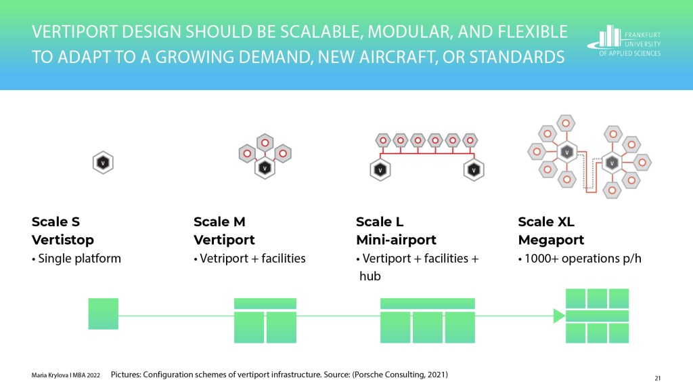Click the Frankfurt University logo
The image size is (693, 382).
coord(623,40)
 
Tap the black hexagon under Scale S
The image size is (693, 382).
coord(103,163)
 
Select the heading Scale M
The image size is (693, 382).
coord(219,221)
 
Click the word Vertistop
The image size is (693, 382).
coord(63,240)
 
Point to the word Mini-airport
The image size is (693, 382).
coord(396,240)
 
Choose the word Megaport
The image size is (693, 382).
coord(551,240)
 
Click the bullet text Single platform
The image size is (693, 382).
coord(80,258)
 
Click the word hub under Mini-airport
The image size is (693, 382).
coord(370,276)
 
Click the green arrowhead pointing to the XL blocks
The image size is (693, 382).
coord(559,316)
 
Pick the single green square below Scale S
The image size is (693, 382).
coord(104,314)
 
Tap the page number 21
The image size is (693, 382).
coord(658,378)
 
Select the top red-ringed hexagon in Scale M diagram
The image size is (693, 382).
coord(265,143)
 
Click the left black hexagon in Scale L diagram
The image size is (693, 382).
coord(380,170)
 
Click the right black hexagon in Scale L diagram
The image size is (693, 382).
coord(474,170)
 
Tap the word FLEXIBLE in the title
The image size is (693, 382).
coord(533,32)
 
